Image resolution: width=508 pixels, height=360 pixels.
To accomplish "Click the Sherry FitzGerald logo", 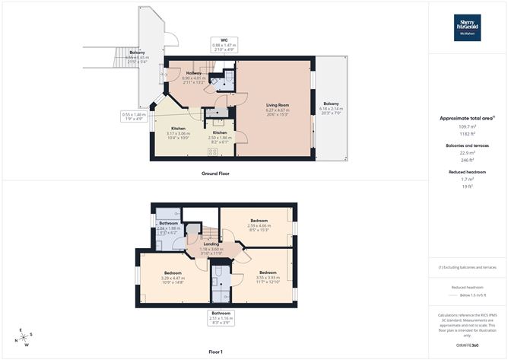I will [468, 27].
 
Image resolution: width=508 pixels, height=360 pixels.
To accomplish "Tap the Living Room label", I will [277, 104].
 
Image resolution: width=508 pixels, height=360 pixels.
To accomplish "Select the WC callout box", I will [224, 46].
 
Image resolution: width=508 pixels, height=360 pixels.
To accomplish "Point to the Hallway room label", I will [194, 74].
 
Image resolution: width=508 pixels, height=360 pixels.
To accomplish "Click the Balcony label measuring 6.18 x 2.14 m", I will [331, 104].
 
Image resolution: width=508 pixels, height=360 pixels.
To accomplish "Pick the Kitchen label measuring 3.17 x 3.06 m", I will [180, 129].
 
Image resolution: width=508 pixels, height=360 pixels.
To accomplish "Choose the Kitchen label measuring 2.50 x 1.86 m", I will [220, 133].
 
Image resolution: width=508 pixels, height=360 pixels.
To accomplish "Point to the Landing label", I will [201, 244].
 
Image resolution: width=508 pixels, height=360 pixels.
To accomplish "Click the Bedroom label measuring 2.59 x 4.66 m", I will [259, 221].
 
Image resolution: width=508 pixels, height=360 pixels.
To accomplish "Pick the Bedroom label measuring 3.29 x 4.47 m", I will [172, 272].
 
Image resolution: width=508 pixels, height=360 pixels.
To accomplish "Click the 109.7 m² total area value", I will [468, 126].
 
